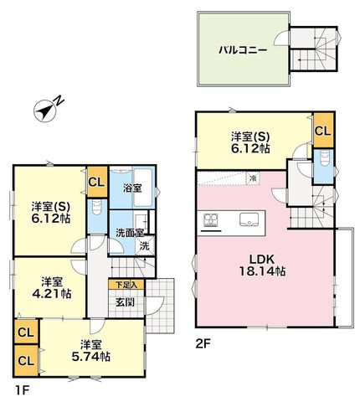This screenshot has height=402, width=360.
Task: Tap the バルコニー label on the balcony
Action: click(243, 50)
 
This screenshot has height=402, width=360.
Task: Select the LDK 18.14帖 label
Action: click(262, 265)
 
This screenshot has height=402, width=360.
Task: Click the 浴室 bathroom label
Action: click(132, 188)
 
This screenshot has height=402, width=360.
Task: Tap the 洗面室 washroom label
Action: click(130, 233)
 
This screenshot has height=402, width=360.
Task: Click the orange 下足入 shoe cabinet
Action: click(126, 285)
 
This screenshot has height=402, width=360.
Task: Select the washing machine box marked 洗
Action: click(145, 245)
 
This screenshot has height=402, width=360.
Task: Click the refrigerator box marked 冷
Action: click(253, 178)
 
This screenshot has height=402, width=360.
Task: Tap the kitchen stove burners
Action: click(211, 219)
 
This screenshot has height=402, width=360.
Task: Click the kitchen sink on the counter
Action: click(249, 219)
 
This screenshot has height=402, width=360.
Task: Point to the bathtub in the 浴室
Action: click(143, 188)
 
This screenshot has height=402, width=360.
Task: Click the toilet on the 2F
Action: click(323, 159)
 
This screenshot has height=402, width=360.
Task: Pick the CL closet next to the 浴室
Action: click(97, 182)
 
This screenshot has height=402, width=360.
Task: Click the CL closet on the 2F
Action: click(323, 131)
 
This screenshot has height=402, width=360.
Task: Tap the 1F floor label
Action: click(22, 390)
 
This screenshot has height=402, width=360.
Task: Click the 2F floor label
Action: click(203, 343)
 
